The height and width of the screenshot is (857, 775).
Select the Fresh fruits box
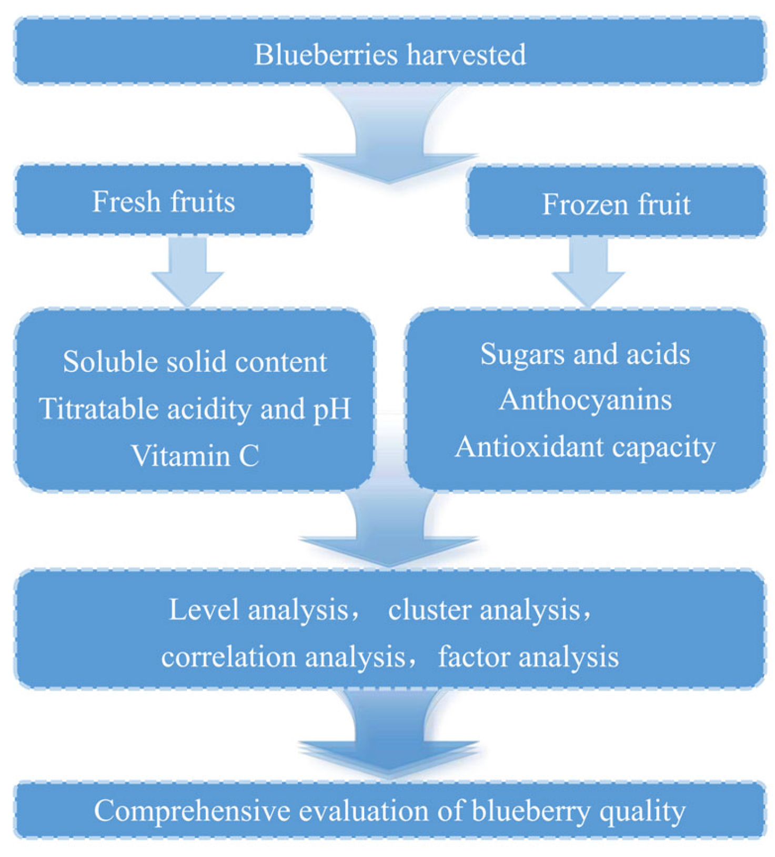pos(164,201)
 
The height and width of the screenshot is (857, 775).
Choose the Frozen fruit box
pos(616,204)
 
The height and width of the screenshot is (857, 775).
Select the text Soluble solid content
pos(195,362)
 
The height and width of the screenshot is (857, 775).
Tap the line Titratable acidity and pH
pos(195,409)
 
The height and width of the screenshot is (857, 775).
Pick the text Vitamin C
pos(195,456)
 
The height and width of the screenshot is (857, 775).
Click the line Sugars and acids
pos(585,353)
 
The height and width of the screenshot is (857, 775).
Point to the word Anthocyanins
pos(585,400)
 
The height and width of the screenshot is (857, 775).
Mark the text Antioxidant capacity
pos(585,447)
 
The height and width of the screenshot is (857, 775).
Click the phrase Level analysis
pos(258,610)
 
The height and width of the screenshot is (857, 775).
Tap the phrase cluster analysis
pos(484,610)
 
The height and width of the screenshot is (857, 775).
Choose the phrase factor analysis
pos(528,657)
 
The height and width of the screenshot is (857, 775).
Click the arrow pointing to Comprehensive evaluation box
pos(389,737)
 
